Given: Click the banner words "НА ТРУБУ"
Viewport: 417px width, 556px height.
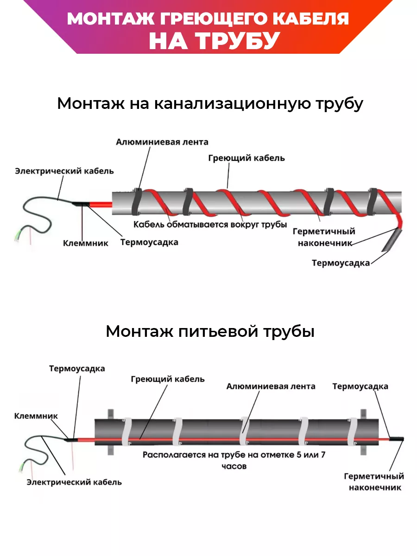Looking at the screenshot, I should pyautogui.click(x=214, y=41).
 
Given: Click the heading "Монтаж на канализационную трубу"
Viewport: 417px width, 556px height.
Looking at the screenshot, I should pyautogui.click(x=210, y=103).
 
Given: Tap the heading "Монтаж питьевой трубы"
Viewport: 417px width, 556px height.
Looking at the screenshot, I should pyautogui.click(x=210, y=331).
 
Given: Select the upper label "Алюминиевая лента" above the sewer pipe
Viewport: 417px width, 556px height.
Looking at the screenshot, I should pyautogui.click(x=162, y=142).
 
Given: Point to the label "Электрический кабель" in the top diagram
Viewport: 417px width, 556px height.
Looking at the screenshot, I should pyautogui.click(x=64, y=171).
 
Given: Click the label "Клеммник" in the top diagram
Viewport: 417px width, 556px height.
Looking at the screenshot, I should pyautogui.click(x=86, y=243).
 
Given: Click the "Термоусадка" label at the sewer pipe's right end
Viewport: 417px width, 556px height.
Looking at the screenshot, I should pyautogui.click(x=341, y=263).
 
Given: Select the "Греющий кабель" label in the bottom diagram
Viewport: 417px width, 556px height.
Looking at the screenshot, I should pyautogui.click(x=167, y=379).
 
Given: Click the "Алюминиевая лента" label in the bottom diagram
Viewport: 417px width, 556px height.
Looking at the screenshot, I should pyautogui.click(x=271, y=386).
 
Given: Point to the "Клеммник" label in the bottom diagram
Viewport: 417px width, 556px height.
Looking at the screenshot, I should pyautogui.click(x=36, y=416).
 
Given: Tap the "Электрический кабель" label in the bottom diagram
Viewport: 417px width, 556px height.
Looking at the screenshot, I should pyautogui.click(x=74, y=482).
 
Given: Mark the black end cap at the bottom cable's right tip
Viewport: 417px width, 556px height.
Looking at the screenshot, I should pyautogui.click(x=397, y=438).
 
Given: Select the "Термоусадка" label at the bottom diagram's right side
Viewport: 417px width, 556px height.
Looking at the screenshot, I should pyautogui.click(x=360, y=386).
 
